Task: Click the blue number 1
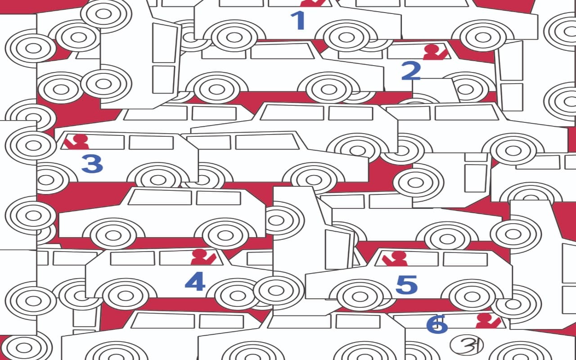pos(298,21)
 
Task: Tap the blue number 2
pos(411,71)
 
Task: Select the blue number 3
pos(92,163)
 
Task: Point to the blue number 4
pos(195,281)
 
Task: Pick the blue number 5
pos(406,285)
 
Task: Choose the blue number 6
pos(437,324)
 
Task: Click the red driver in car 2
pos(435,52)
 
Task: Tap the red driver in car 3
pos(76,142)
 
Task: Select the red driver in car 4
pos(203,257)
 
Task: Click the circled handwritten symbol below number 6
pos(467,345)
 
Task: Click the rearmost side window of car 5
pos(465,259)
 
